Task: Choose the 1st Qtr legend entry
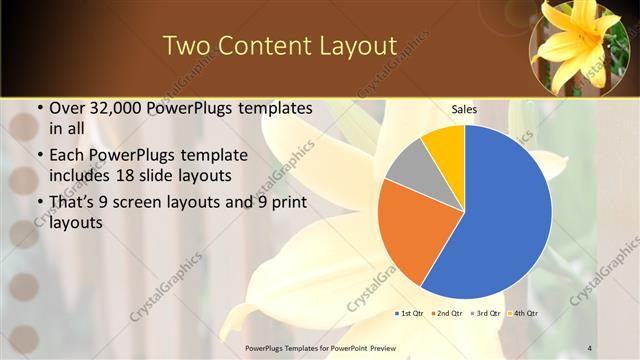pos(411,313)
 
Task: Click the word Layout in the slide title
pos(341,46)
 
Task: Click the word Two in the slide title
pos(187,46)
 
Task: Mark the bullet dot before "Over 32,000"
pos(38,108)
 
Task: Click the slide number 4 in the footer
pos(590,347)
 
